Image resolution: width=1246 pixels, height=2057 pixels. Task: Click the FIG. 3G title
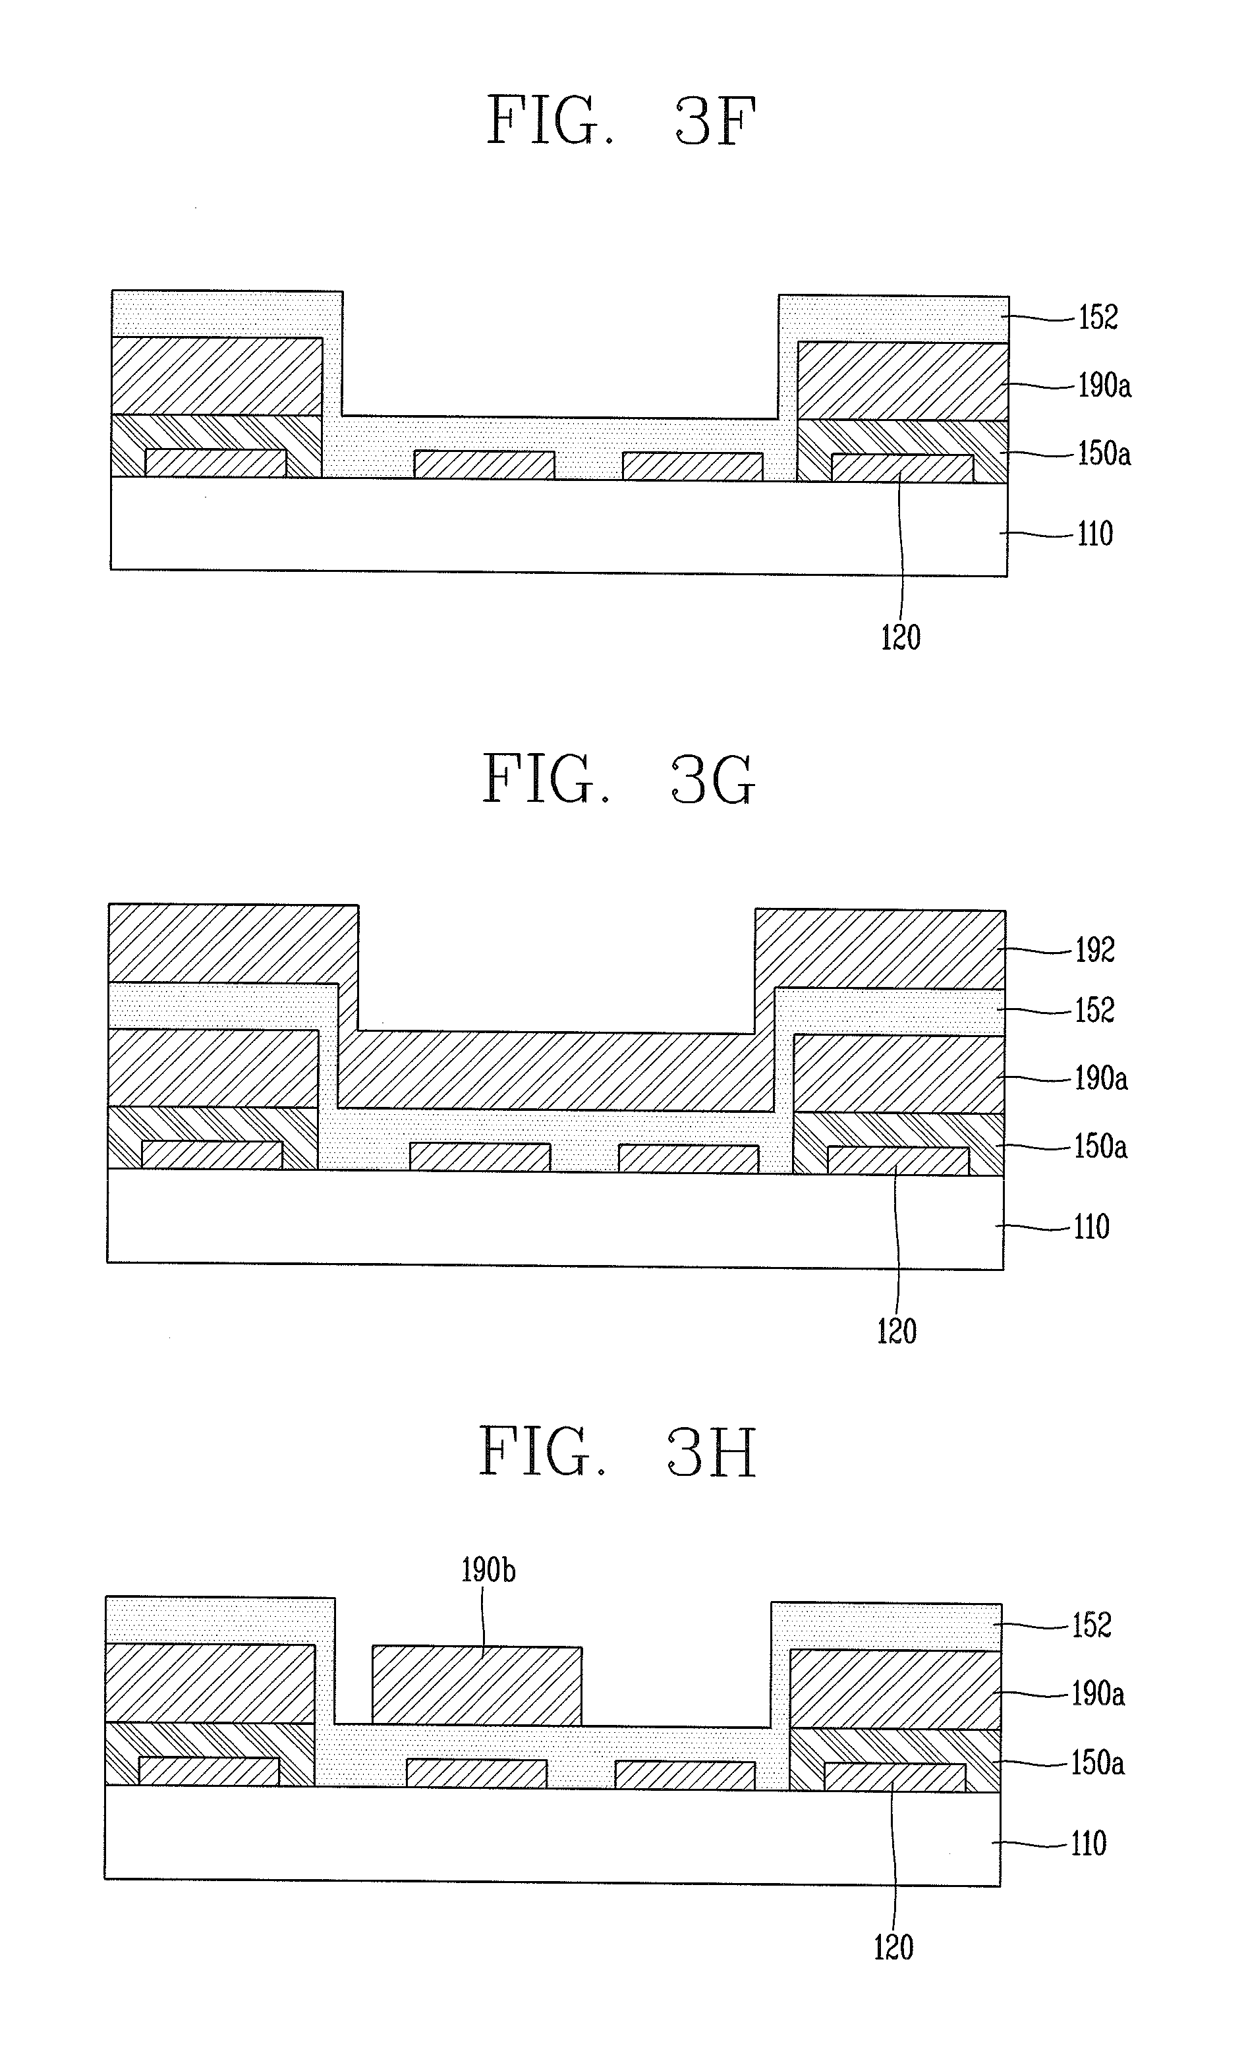pos(618,778)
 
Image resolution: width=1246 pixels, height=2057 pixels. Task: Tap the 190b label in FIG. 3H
pos(488,1571)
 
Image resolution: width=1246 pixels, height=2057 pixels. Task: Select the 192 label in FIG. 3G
pos(1095,950)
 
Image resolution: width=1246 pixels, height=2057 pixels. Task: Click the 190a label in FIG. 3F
pos(1104,385)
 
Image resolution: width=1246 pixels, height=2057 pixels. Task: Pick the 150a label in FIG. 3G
pos(1100,1146)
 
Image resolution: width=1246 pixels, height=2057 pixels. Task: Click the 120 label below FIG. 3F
pos(900,638)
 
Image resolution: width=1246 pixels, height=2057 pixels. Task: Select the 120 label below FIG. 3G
pos(896,1331)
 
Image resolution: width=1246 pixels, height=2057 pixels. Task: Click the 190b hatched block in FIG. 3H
pos(476,1685)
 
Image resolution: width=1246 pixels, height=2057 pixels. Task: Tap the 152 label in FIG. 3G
pos(1094,1010)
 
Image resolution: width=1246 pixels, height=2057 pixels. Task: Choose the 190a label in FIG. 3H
pos(1097,1694)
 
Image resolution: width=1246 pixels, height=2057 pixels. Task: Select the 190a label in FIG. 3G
pos(1100,1079)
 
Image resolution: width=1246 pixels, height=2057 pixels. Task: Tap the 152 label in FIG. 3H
pos(1092,1625)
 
